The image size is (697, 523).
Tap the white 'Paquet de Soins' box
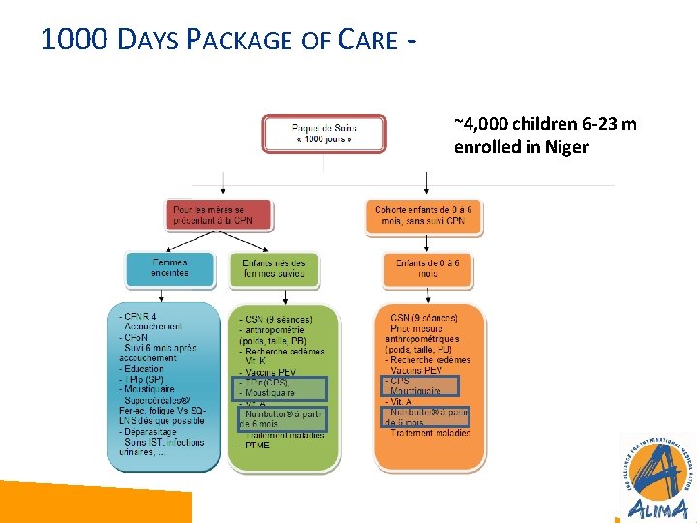click(x=323, y=134)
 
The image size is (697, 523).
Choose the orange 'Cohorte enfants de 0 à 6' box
click(x=427, y=215)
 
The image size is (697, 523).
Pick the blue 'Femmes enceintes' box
click(x=169, y=268)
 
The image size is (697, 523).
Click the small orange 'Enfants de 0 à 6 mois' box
click(x=427, y=269)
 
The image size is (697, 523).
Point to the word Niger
click(x=566, y=147)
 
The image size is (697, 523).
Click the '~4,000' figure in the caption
click(x=478, y=124)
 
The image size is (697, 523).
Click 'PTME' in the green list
click(x=258, y=445)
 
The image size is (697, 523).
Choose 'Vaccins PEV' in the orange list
click(x=415, y=370)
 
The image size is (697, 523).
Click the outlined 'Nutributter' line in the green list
click(x=282, y=418)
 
